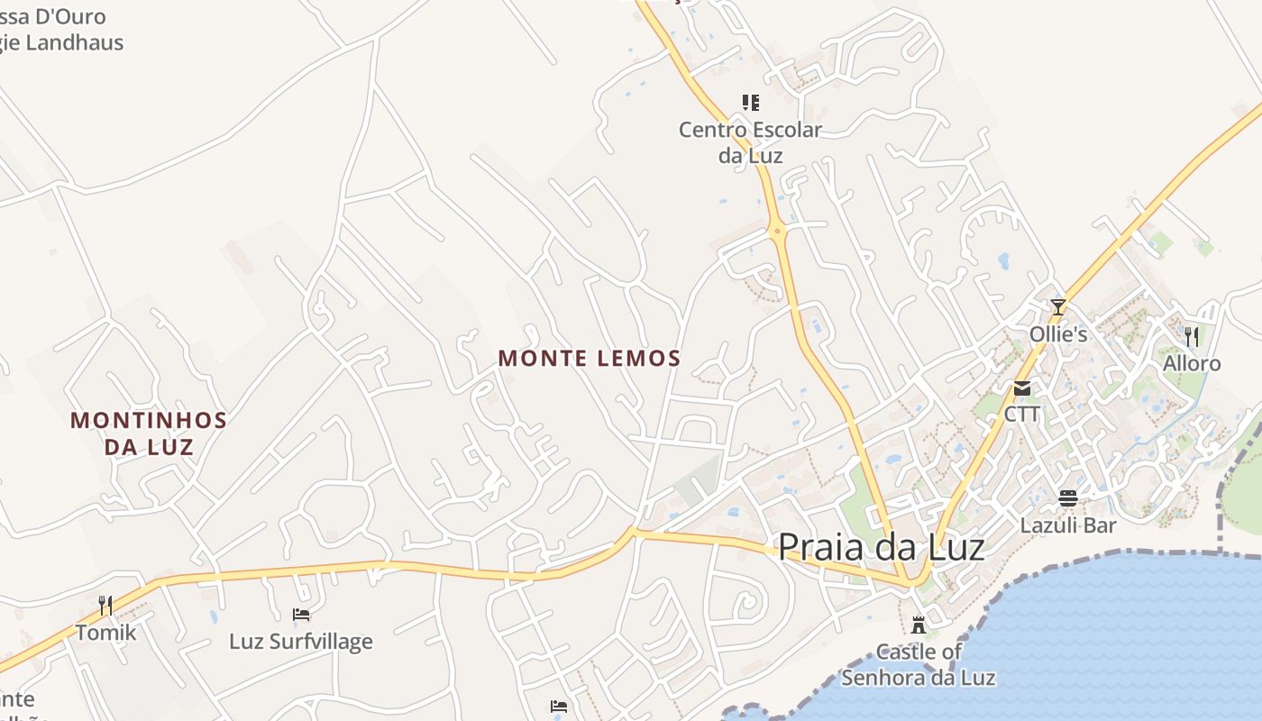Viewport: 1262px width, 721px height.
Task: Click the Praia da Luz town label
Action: (x=881, y=546)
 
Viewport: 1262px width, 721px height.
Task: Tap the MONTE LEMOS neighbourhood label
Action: (x=589, y=359)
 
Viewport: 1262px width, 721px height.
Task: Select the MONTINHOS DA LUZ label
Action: (x=149, y=433)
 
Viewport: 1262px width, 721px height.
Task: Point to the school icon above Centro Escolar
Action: (x=750, y=103)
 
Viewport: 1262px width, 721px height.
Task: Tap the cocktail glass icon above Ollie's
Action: (x=1057, y=307)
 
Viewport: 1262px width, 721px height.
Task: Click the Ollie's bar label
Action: (x=1058, y=334)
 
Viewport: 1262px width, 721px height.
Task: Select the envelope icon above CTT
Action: (x=1022, y=388)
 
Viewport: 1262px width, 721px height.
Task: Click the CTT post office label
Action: (x=1022, y=415)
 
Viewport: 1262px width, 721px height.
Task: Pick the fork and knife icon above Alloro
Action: (x=1192, y=337)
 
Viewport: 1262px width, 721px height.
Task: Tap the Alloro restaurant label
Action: (x=1192, y=363)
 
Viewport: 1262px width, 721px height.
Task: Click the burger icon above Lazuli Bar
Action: (x=1068, y=498)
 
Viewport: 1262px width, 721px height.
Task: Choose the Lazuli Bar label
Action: (x=1068, y=525)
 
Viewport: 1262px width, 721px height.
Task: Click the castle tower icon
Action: (x=919, y=624)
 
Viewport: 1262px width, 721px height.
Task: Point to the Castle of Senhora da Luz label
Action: (x=919, y=664)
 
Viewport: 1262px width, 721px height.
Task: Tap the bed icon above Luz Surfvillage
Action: (x=301, y=615)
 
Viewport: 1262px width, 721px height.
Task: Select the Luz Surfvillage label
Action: (x=301, y=642)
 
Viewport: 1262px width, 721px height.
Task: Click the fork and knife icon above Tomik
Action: (x=105, y=606)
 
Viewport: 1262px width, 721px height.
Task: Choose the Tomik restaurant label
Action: (x=105, y=633)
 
